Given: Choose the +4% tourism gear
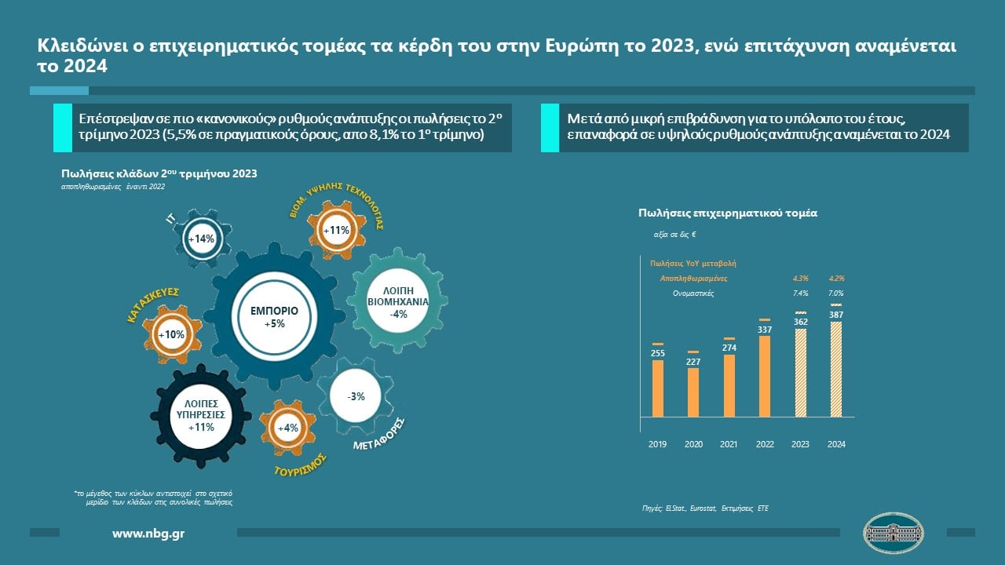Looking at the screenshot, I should (x=287, y=428).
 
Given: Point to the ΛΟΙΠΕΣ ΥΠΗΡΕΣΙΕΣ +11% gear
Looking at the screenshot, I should (x=200, y=415).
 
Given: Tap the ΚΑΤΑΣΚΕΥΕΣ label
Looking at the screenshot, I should (x=154, y=305).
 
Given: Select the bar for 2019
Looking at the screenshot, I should (x=658, y=388).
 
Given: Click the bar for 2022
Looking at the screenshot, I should (x=765, y=376).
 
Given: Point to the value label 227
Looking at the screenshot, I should (x=693, y=362).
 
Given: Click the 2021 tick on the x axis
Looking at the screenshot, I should (x=729, y=445).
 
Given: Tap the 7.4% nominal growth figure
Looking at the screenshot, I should (x=800, y=293).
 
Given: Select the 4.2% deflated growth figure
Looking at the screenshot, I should (x=836, y=278).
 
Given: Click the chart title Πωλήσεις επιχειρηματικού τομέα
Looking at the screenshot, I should (x=728, y=213).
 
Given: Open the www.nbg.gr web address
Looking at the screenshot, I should (x=148, y=534).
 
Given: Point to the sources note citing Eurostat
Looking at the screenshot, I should (x=705, y=508).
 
